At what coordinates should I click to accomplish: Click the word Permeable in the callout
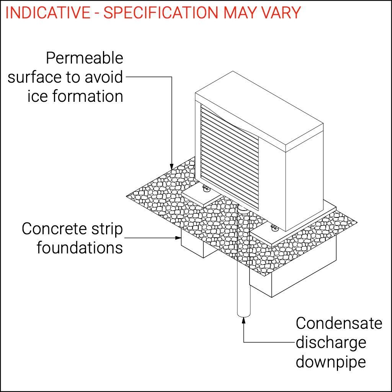pyautogui.click(x=84, y=58)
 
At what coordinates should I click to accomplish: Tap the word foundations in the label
pyautogui.click(x=80, y=247)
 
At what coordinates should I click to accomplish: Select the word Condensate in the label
pyautogui.click(x=339, y=323)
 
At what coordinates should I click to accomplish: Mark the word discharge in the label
pyautogui.click(x=331, y=342)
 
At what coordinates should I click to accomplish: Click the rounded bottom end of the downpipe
pyautogui.click(x=244, y=315)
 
